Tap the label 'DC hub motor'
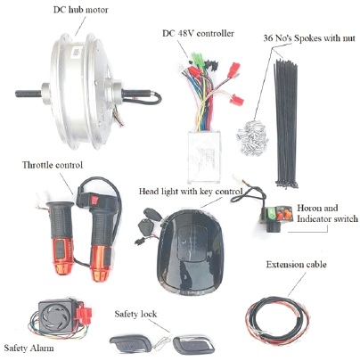80,10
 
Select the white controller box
204,156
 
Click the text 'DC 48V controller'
198,33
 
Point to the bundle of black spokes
286,123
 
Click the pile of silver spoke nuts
252,137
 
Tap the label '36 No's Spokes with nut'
309,38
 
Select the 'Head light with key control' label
191,192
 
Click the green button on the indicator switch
272,213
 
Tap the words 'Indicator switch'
327,219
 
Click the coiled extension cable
277,319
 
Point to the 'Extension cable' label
296,265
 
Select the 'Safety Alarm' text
29,349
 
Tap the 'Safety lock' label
135,314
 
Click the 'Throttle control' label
53,165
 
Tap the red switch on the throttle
94,200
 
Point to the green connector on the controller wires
197,58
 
